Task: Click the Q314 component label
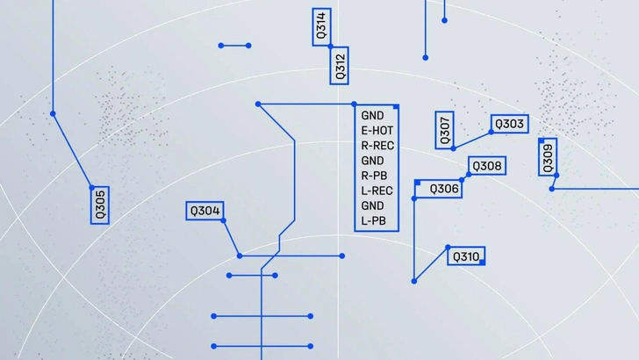321,27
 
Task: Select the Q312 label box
339,66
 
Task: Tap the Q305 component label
100,205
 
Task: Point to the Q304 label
205,211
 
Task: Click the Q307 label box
445,130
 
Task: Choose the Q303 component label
509,124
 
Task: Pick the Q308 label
487,166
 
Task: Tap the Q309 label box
548,157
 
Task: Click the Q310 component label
466,256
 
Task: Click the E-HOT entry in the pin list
377,131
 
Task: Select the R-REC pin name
377,146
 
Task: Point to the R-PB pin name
374,176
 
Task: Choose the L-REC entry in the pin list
377,191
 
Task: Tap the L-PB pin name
373,221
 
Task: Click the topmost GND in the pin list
372,116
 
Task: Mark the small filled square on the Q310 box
482,263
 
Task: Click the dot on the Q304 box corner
223,220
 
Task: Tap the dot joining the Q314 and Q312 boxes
331,47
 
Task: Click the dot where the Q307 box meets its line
454,148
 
